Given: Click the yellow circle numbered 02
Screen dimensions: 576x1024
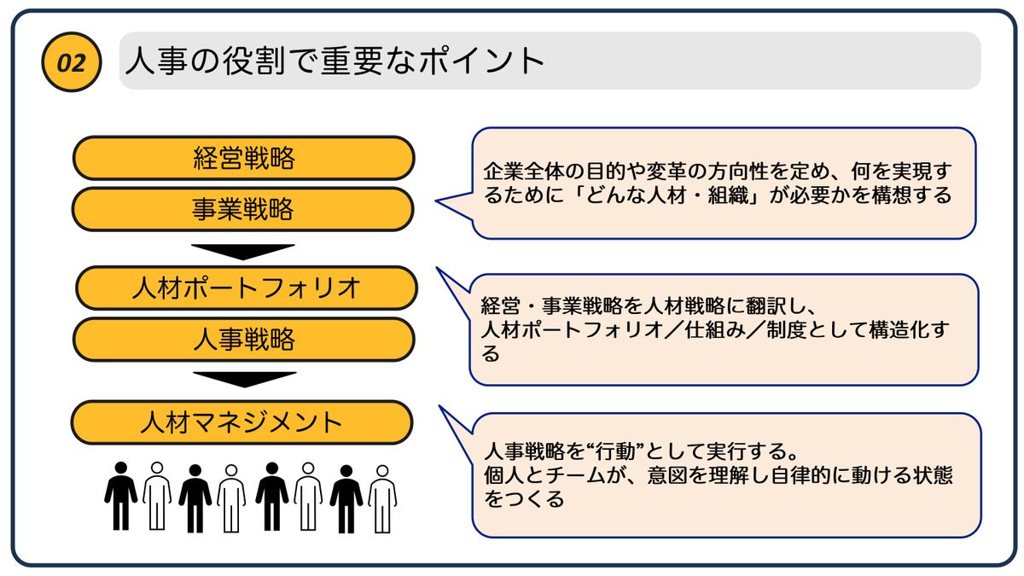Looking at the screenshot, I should pos(72,62).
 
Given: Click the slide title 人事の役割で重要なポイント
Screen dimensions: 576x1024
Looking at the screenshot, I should pos(335,61).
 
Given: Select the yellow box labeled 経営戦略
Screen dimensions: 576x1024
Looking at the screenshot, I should pos(243,158).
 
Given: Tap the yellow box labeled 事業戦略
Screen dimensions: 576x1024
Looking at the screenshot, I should pos(243,209).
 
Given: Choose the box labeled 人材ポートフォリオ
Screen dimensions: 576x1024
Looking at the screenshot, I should pos(246,288).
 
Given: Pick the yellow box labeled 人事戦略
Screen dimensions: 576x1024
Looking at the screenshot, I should pos(243,340).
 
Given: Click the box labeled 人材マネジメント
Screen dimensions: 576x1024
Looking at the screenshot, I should pos(241,422).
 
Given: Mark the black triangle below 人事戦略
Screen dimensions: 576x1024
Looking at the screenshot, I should pos(244,379).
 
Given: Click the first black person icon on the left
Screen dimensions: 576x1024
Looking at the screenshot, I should pos(120,496).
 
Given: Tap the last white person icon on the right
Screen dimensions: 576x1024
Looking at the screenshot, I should pos(382,498).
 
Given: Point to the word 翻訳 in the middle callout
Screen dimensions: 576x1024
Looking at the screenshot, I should pos(790,305).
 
